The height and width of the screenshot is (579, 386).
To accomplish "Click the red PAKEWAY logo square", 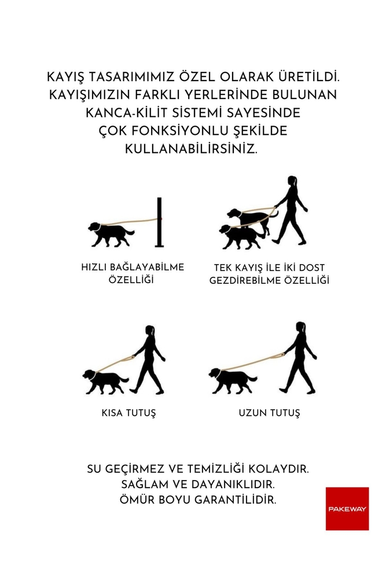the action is point(347,508).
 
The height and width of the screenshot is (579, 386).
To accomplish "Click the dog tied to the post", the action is point(112,234).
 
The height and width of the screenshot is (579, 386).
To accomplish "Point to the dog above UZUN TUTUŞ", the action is point(233,380).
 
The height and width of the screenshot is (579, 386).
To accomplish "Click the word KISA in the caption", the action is point(112,412).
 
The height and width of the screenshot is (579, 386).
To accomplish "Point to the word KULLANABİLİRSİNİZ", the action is point(191,149).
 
